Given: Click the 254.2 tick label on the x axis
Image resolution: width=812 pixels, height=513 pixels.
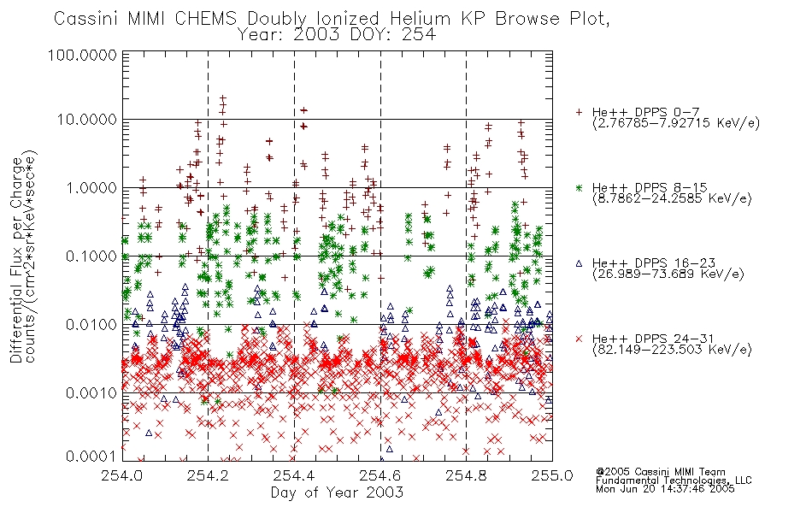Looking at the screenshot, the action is (209, 475).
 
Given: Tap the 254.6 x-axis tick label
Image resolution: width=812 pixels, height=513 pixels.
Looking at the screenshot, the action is (380, 475).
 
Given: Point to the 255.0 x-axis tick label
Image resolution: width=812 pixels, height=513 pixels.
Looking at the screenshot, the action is (552, 475).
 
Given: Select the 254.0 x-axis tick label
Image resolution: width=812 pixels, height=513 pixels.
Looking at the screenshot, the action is (122, 475).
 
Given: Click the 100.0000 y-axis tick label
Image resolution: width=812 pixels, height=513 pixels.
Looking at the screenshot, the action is (83, 55).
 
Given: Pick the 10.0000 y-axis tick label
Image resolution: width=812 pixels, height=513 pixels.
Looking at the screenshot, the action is (87, 120).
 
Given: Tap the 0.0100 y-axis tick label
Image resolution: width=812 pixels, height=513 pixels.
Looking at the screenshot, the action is (91, 325).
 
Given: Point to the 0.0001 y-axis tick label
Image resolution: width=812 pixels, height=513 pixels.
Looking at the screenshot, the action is (91, 457).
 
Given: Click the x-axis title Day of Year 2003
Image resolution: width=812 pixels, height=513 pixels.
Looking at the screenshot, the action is (337, 492).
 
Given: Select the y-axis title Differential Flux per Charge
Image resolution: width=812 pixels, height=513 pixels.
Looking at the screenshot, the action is (17, 260).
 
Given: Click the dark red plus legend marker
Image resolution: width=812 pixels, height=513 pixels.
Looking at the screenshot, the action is (580, 112).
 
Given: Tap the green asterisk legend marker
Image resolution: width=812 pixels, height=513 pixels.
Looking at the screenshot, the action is (580, 187).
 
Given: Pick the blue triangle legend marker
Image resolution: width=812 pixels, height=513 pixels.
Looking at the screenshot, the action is (580, 263).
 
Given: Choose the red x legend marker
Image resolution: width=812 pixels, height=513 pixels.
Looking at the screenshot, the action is (580, 339).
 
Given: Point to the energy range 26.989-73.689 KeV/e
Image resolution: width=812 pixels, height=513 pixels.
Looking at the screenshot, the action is (668, 274).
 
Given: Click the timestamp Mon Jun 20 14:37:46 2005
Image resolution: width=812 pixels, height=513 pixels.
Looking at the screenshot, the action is (665, 489).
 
